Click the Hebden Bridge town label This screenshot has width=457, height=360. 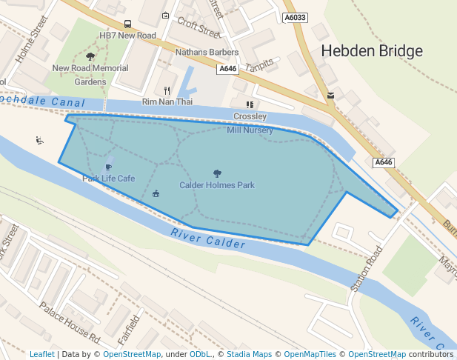click(372, 51)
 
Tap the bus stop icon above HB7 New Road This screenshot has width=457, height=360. click(128, 24)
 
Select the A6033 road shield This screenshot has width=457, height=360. click(296, 18)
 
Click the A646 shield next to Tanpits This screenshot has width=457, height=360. click(227, 69)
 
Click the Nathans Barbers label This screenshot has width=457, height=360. click(207, 53)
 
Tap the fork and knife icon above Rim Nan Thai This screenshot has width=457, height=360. click(167, 90)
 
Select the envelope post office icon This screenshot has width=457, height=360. click(330, 95)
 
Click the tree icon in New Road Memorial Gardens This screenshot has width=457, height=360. click(90, 56)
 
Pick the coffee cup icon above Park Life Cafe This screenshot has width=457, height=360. click(109, 167)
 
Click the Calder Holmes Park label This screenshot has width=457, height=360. click(217, 184)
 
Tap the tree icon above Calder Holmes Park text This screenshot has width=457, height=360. click(217, 173)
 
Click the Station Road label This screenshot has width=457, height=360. click(368, 270)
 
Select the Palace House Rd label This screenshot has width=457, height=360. click(69, 323)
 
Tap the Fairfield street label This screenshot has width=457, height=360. click(129, 330)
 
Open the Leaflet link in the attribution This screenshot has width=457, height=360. click(41, 354)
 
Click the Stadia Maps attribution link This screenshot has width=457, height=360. click(249, 354)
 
